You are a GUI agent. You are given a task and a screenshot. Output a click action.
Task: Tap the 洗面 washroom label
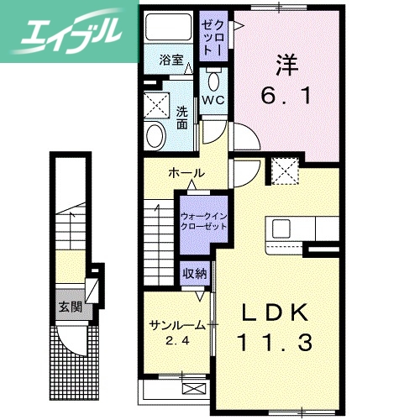tap(183, 118)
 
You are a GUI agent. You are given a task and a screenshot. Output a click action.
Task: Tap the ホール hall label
tap(186, 173)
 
